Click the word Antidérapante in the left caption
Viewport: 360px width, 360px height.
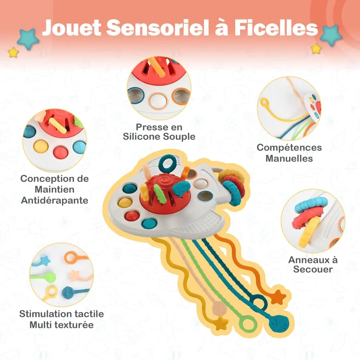(55, 200)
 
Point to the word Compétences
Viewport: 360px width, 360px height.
(289, 148)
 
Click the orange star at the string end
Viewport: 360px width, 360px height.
(278, 297)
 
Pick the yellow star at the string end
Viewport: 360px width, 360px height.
(221, 324)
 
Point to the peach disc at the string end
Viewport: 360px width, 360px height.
(220, 308)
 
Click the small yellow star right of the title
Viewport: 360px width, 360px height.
(316, 49)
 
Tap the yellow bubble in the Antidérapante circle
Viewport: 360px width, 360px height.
(41, 146)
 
